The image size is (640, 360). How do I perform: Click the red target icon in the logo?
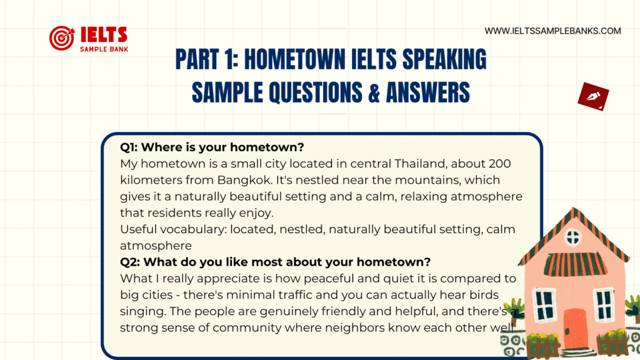[x=62, y=38]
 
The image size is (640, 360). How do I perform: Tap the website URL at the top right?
[x=552, y=31]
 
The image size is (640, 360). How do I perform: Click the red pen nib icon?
[x=593, y=96]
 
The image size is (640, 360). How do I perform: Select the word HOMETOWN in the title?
[x=295, y=59]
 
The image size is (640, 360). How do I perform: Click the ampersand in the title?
[x=374, y=92]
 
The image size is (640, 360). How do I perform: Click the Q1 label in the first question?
[x=129, y=147]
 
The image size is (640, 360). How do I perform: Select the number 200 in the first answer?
[x=499, y=164]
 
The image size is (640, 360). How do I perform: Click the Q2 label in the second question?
[x=130, y=262]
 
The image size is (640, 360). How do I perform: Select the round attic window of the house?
[x=572, y=237]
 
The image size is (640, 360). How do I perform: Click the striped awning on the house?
[x=575, y=264]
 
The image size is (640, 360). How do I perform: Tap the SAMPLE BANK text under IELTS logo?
[x=104, y=49]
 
